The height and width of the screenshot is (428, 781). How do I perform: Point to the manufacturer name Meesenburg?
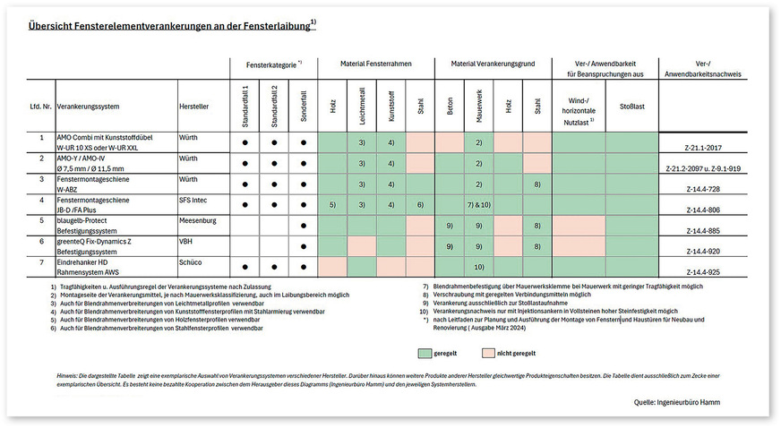[x=200, y=220]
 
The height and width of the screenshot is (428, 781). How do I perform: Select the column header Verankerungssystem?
[x=89, y=106]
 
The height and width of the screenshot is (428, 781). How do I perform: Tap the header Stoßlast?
[x=631, y=106]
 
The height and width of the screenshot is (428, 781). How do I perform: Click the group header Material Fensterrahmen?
[x=375, y=65]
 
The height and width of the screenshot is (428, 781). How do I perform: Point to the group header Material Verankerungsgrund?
[x=493, y=65]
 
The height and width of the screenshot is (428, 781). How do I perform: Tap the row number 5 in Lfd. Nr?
[x=40, y=220]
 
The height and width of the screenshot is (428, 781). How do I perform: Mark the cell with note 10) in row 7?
[x=479, y=267]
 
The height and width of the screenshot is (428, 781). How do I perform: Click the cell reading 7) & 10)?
[x=479, y=205]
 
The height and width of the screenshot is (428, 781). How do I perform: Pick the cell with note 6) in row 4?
[x=419, y=205]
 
